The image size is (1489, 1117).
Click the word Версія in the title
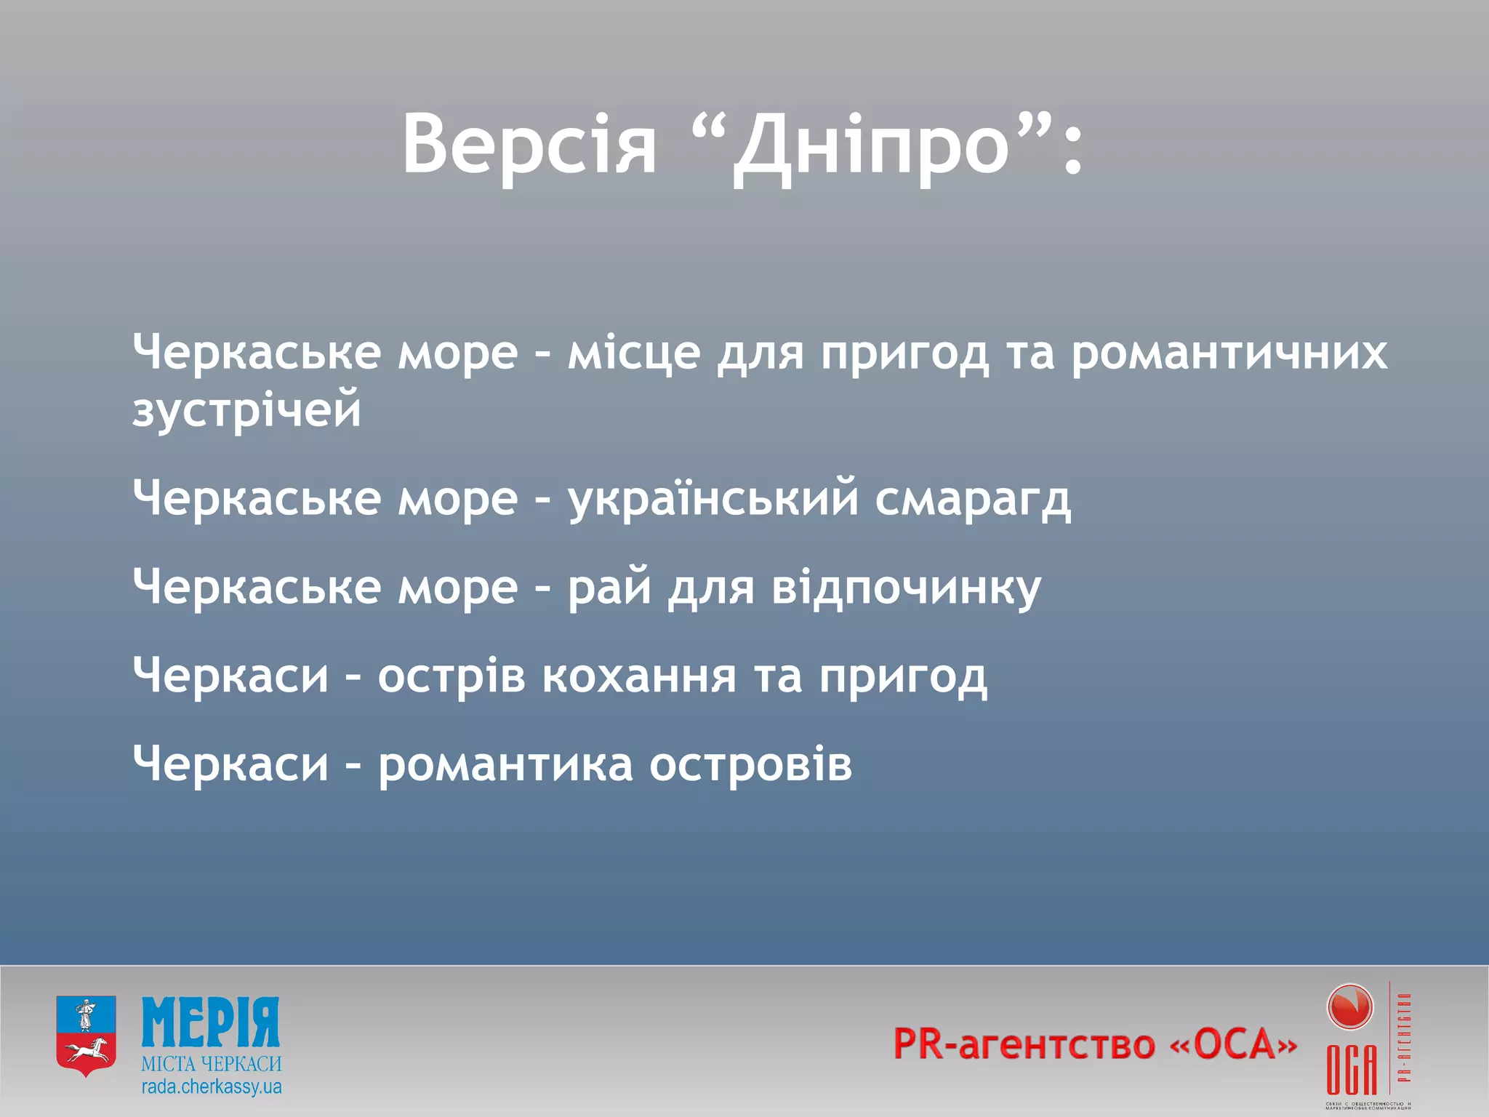[529, 144]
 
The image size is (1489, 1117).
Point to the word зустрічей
[247, 412]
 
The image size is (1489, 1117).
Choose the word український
[713, 500]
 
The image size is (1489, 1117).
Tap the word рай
[609, 588]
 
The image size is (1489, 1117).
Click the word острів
[451, 676]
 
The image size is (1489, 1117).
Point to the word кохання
[639, 676]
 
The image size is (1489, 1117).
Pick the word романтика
[505, 765]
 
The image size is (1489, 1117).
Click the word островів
[750, 765]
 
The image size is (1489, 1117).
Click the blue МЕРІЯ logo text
[211, 1022]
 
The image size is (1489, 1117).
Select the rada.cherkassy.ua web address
[211, 1087]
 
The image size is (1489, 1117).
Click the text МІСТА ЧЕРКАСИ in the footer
[211, 1064]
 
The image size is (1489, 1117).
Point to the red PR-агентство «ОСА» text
[1095, 1044]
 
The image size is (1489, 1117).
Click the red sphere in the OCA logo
[1350, 1008]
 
